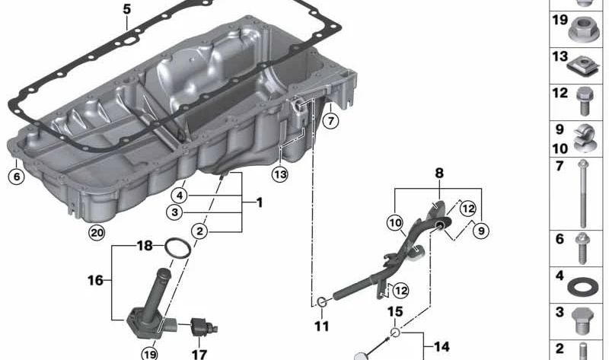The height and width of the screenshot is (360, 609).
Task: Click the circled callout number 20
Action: click(97, 233)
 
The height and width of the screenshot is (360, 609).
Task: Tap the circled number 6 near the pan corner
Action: click(16, 177)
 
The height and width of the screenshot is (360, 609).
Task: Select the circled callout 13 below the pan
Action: click(280, 174)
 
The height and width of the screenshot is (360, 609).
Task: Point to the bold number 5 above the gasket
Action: click(127, 9)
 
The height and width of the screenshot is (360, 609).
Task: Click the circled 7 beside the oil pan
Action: click(330, 121)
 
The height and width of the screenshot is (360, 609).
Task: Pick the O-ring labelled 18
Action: click(178, 248)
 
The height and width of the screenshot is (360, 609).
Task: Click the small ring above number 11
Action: click(322, 301)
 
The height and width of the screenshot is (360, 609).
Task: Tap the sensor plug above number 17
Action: click(204, 327)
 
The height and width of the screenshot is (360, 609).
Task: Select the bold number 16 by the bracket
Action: click(96, 280)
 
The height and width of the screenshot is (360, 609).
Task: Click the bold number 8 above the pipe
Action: click(439, 173)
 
